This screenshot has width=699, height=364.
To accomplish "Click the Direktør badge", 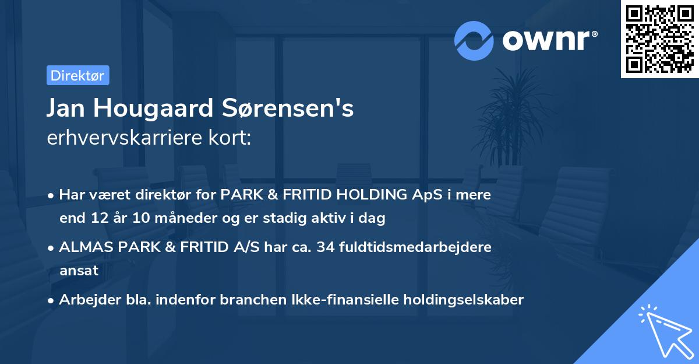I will point(77,75).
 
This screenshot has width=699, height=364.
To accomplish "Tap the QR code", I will point(660,39).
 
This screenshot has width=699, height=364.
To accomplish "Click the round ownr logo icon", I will point(474,40).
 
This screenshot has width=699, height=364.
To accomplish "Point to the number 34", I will point(329,247).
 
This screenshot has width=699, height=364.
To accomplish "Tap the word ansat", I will point(79,271).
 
